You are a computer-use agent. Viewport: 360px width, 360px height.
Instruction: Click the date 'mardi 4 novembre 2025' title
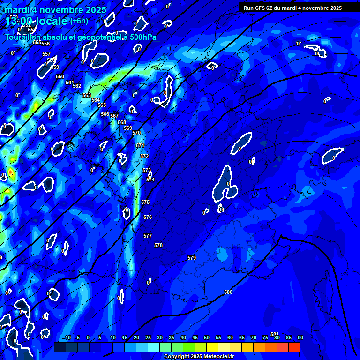56,10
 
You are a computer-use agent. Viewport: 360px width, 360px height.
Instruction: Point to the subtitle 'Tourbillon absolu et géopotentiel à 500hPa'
81,37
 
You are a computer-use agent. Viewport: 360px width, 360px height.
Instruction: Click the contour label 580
228,292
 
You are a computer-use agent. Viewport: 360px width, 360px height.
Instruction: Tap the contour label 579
191,258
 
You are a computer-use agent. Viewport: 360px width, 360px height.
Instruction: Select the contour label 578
158,245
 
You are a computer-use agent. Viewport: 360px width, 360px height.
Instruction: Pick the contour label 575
145,202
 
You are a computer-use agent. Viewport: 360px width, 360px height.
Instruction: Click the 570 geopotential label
136,133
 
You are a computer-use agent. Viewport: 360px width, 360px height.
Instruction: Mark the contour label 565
102,105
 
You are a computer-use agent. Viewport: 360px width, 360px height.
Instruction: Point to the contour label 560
60,76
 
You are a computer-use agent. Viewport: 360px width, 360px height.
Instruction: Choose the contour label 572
144,156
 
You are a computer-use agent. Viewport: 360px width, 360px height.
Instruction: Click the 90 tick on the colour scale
300,337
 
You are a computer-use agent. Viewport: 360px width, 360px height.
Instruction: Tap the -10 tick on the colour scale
67,337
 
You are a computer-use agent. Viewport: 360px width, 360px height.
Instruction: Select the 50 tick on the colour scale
207,337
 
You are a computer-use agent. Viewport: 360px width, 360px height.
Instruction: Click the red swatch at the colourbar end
294,347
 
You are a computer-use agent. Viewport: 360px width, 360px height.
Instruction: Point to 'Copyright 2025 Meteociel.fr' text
199,356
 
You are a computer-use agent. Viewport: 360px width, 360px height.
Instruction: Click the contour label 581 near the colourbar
275,334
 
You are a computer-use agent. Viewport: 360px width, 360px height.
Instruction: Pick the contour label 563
87,95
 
